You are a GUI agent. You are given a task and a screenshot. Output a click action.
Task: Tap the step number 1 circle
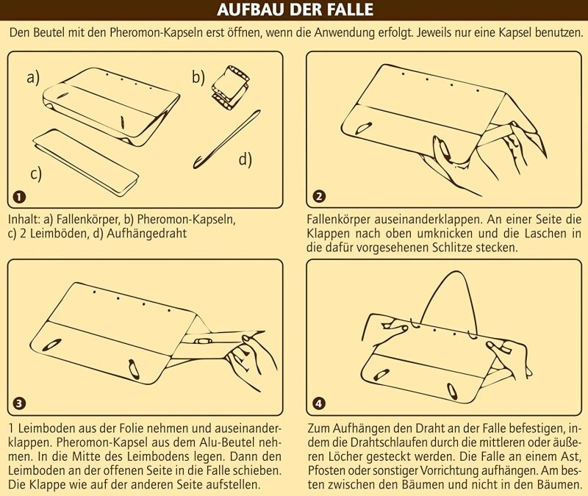(19, 196)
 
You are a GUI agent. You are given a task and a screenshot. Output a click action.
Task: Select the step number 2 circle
(319, 196)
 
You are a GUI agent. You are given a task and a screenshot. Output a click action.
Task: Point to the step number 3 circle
(19, 403)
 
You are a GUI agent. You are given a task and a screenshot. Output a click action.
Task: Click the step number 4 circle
(319, 403)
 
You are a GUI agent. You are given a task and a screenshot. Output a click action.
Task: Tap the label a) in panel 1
(33, 78)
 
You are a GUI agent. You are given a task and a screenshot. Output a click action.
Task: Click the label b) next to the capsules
(198, 77)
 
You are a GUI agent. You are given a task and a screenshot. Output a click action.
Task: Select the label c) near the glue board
(36, 174)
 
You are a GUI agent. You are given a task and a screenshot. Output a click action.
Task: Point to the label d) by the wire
(245, 159)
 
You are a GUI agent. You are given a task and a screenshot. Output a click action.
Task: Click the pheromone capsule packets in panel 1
(230, 87)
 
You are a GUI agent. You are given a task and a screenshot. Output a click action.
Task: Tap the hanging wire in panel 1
(226, 140)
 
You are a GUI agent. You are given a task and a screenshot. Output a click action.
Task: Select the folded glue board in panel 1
(86, 162)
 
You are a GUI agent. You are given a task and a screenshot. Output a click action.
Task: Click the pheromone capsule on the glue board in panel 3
(203, 341)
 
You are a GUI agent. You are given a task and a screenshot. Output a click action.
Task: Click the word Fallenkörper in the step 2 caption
(340, 220)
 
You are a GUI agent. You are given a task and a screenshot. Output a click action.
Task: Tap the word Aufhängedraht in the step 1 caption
(146, 234)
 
